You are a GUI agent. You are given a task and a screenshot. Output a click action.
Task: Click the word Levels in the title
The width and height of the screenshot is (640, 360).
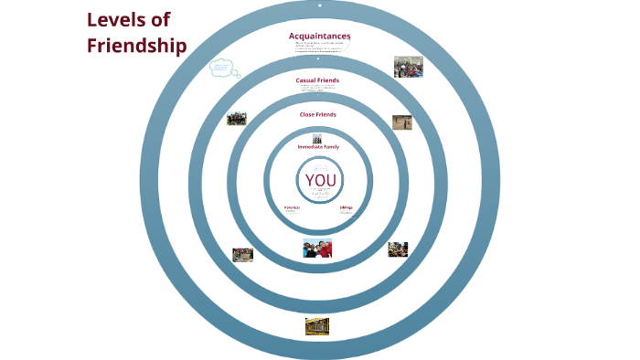(117, 19)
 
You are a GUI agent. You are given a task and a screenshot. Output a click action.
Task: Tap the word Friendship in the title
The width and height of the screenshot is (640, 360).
(136, 44)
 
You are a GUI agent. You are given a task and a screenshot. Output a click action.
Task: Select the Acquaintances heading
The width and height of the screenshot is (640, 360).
(319, 37)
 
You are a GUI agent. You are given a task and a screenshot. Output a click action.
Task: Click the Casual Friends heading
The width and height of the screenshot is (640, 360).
(317, 80)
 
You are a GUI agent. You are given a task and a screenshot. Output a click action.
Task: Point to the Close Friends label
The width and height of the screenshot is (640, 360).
(317, 114)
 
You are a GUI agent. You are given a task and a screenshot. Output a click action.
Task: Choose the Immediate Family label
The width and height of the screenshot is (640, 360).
(317, 146)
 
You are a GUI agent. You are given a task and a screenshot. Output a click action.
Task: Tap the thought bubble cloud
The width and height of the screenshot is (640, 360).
(222, 68)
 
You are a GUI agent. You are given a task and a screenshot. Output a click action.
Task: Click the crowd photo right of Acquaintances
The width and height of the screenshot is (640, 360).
(408, 67)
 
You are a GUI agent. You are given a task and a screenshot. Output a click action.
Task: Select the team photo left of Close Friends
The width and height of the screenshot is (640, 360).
(237, 119)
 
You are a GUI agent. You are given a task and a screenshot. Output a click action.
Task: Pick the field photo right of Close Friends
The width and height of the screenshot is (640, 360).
(401, 122)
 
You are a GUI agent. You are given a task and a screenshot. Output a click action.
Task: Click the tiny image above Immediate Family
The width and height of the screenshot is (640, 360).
(317, 138)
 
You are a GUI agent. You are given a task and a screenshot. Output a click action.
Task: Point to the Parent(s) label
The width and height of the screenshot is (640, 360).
(291, 207)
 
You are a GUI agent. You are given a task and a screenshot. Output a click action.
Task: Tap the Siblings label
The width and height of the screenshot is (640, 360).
(347, 207)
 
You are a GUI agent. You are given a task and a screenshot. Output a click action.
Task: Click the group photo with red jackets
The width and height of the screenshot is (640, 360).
(317, 248)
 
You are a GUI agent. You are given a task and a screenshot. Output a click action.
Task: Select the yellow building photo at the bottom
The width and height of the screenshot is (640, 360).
(316, 325)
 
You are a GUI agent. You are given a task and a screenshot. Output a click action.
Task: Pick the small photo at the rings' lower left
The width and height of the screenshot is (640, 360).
(242, 255)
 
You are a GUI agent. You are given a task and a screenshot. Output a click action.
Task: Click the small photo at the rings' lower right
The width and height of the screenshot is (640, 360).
(397, 249)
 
